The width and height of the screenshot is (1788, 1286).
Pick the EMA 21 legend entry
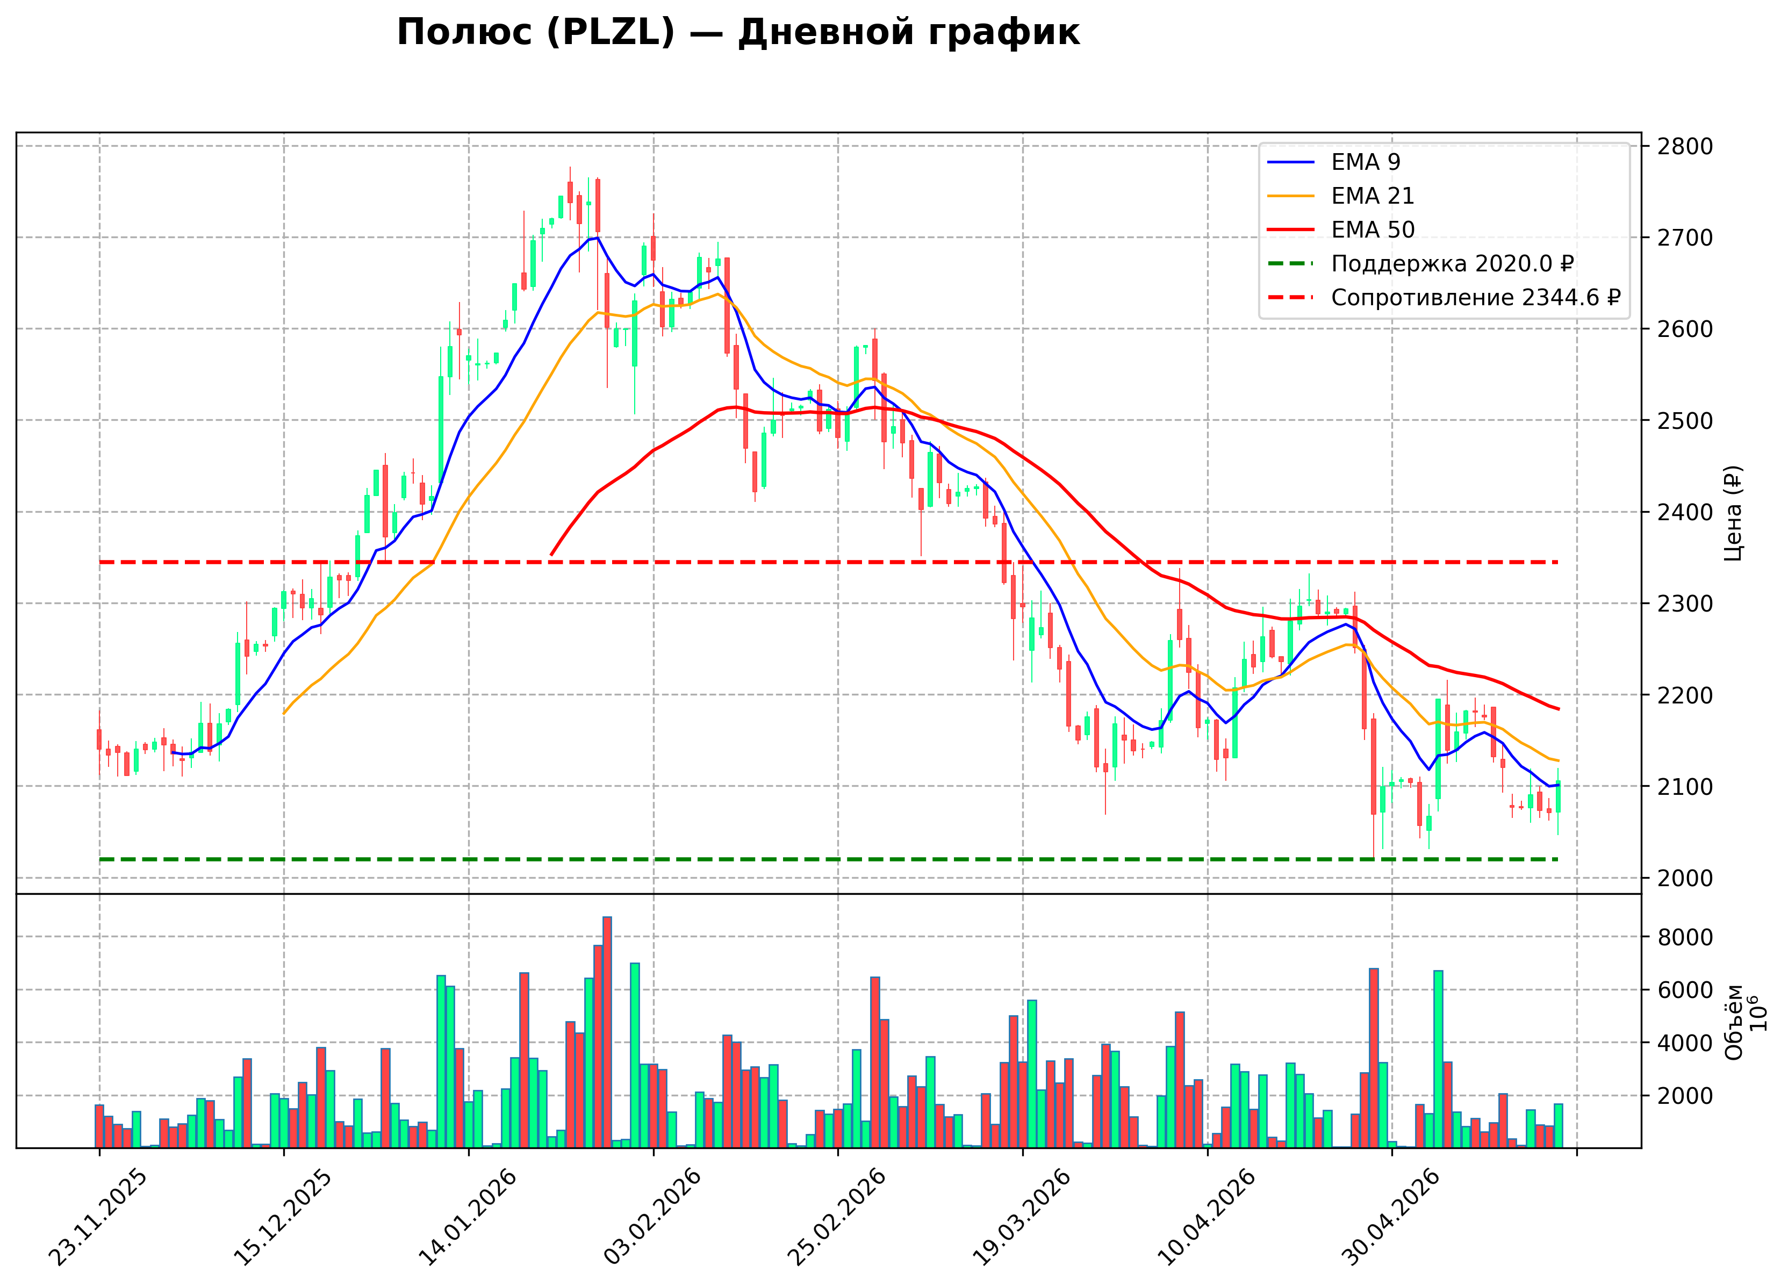(x=1340, y=196)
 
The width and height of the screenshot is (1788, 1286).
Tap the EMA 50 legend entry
(x=1340, y=229)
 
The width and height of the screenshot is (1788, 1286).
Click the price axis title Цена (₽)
(x=1734, y=513)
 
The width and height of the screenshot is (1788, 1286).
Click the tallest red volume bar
(x=607, y=1032)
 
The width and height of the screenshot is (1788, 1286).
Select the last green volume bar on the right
(x=1558, y=1126)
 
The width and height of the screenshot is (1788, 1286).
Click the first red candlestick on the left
(x=99, y=739)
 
